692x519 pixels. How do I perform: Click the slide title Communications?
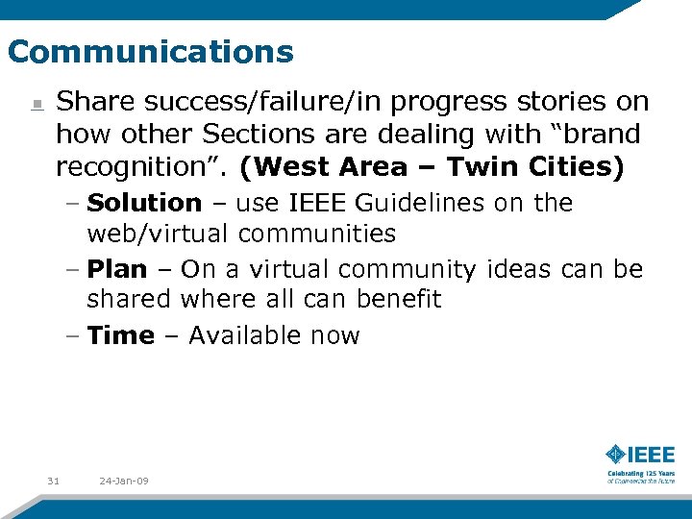(150, 51)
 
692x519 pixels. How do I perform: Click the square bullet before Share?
(36, 104)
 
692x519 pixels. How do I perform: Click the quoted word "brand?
(593, 135)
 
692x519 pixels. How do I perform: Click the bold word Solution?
(144, 203)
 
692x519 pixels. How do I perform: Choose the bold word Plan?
(117, 269)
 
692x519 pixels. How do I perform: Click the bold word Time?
(120, 335)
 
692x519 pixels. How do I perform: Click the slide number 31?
(53, 481)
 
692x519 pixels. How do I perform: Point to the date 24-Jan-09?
(123, 481)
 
